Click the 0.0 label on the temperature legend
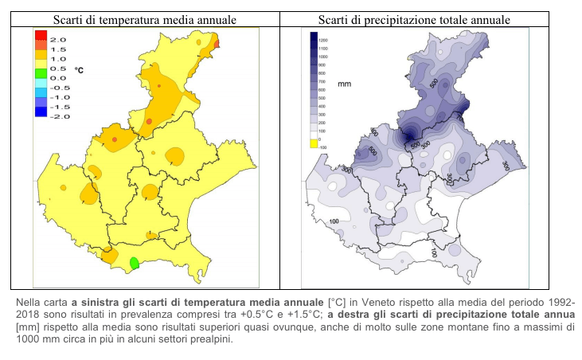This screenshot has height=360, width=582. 57,77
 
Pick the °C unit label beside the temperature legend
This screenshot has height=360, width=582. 79,70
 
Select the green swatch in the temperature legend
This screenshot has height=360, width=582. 41,73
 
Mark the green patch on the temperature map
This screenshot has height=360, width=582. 135,262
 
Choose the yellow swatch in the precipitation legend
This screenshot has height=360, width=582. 314,144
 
